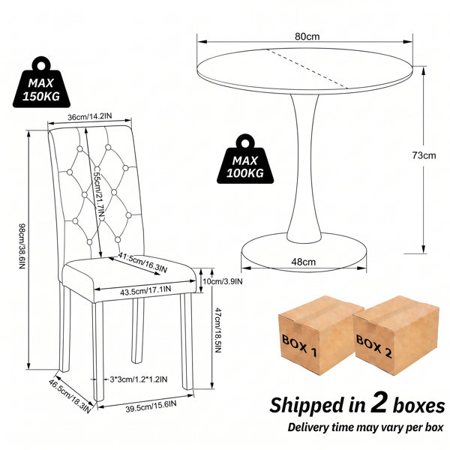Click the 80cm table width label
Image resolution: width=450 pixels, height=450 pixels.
[x=307, y=37]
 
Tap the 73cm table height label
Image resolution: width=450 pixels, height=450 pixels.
[x=424, y=155]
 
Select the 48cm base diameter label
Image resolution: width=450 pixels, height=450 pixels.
[x=303, y=262]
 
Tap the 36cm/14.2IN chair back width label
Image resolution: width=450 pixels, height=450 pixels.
[x=89, y=116]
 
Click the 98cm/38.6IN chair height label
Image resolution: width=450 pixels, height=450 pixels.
[x=22, y=246]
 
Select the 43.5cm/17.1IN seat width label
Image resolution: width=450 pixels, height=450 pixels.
[x=145, y=291]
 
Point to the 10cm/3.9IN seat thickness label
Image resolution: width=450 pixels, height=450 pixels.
[x=223, y=281]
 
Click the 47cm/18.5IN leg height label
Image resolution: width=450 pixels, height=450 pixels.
[x=217, y=330]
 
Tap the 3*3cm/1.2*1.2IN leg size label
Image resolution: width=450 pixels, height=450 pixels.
[x=139, y=379]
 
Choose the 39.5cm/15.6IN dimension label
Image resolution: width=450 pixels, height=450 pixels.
[x=151, y=406]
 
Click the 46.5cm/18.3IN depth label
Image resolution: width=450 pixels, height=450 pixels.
[x=70, y=396]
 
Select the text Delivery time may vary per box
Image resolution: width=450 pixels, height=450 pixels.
[x=366, y=427]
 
